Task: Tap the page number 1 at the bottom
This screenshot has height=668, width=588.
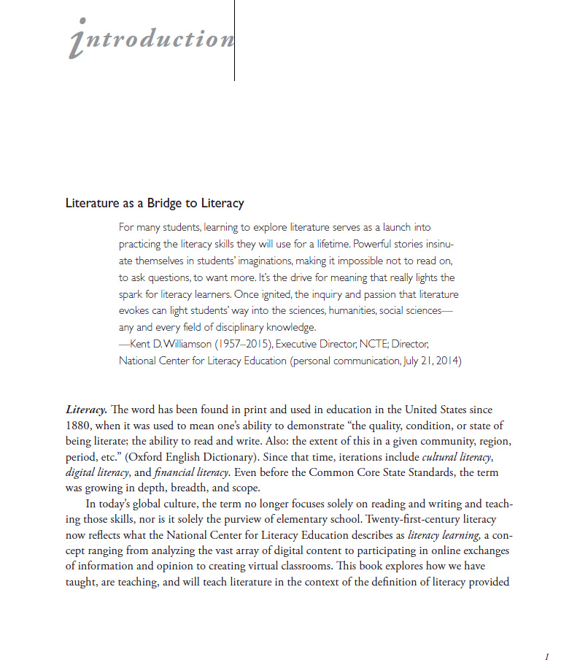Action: click(x=546, y=656)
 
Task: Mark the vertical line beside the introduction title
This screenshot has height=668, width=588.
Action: click(x=234, y=40)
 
